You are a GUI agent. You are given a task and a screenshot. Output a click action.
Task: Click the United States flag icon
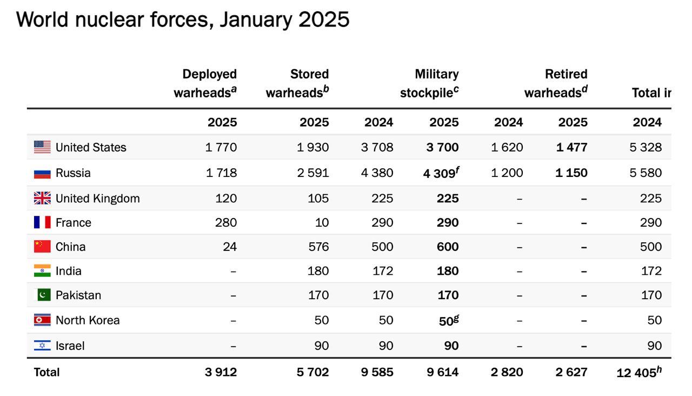pyautogui.click(x=42, y=147)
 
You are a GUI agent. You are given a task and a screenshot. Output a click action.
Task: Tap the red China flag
pyautogui.click(x=42, y=247)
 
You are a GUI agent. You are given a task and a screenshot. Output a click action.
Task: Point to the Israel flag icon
pyautogui.click(x=42, y=346)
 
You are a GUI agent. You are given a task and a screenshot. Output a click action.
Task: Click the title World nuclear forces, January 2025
pyautogui.click(x=183, y=20)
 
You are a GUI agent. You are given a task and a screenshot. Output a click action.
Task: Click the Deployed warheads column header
pyautogui.click(x=205, y=83)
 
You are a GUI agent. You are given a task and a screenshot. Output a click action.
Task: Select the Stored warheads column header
pyautogui.click(x=297, y=83)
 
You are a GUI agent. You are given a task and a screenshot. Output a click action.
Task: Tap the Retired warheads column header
pyautogui.click(x=556, y=83)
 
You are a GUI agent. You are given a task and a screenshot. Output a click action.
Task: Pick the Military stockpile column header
pyautogui.click(x=430, y=83)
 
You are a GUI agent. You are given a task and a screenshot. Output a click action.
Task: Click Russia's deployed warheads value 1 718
pyautogui.click(x=221, y=173)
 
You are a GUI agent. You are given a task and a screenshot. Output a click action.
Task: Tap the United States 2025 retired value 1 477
pyautogui.click(x=571, y=147)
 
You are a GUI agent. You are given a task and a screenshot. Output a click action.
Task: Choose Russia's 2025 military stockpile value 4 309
pyautogui.click(x=440, y=174)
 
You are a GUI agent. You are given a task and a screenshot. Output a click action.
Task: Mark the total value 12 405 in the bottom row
pyautogui.click(x=637, y=373)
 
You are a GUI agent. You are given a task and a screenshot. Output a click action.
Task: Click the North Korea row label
pyautogui.click(x=88, y=320)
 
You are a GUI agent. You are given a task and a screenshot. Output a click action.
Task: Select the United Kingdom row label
pyautogui.click(x=97, y=199)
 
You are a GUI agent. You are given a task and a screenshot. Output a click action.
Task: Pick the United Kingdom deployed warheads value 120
pyautogui.click(x=226, y=199)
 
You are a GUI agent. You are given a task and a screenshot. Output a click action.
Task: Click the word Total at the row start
pyautogui.click(x=47, y=372)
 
